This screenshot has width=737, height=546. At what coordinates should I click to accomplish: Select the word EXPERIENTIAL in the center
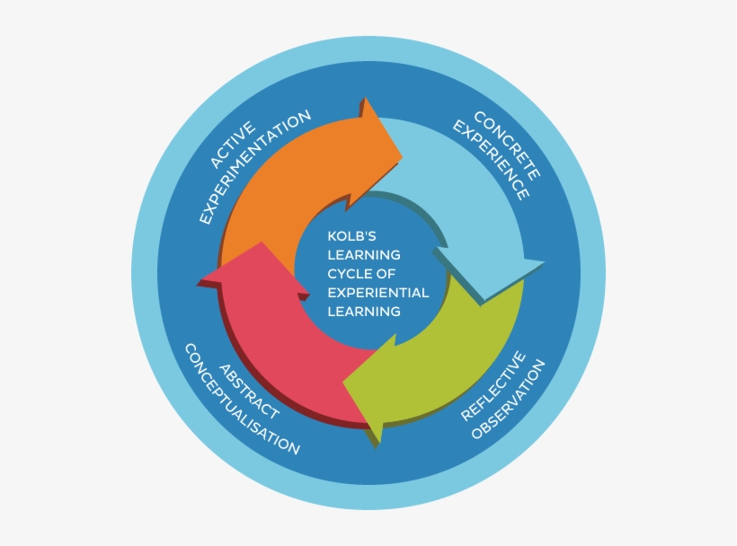pos(378,292)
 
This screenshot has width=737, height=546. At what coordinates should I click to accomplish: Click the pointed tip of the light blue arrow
pos(543,264)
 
